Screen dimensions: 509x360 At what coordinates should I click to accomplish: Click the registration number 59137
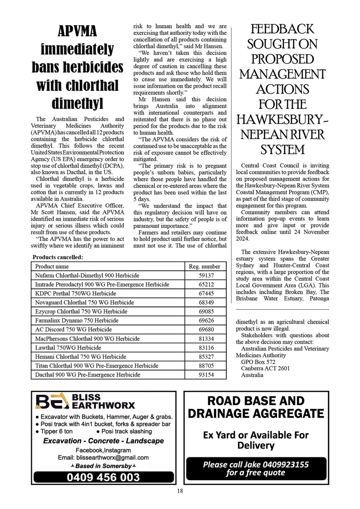click(206, 275)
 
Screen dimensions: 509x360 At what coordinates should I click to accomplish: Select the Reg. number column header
click(204, 266)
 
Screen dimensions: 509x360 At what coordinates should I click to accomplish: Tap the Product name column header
click(52, 266)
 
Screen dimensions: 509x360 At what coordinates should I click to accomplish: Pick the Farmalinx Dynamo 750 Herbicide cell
click(77, 321)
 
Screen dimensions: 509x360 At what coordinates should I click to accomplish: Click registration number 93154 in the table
click(206, 375)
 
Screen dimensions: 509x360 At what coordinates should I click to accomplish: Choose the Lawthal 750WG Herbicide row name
click(68, 348)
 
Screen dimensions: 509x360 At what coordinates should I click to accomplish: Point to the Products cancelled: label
click(58, 257)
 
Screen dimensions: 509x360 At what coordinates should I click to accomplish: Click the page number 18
click(180, 491)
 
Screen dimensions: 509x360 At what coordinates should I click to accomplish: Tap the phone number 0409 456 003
click(103, 477)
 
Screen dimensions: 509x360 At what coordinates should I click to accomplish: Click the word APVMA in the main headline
click(77, 31)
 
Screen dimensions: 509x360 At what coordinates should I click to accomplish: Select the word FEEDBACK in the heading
click(282, 29)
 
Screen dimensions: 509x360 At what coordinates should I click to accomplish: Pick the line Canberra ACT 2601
click(265, 368)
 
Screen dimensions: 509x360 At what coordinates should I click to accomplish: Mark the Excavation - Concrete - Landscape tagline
click(103, 441)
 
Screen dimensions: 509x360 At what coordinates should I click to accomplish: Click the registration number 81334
click(206, 339)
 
